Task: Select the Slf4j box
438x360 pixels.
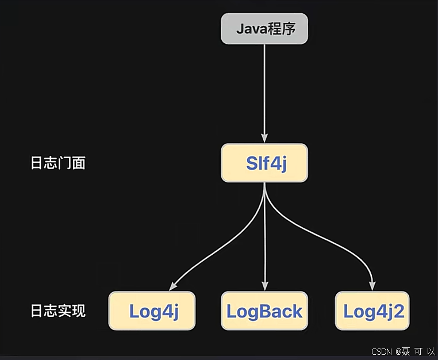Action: click(264, 163)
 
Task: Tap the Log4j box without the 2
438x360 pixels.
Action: click(152, 311)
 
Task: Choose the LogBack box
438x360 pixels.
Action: click(264, 311)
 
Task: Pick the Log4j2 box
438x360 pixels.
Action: click(374, 311)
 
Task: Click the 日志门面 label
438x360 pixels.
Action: click(57, 163)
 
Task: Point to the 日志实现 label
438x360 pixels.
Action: click(57, 311)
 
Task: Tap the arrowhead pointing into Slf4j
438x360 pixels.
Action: click(264, 138)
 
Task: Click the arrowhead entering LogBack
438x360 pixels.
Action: click(264, 286)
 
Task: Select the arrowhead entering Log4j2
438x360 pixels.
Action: click(372, 286)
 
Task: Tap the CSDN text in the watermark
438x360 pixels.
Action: click(382, 351)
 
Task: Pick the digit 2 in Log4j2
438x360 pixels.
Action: click(398, 311)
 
